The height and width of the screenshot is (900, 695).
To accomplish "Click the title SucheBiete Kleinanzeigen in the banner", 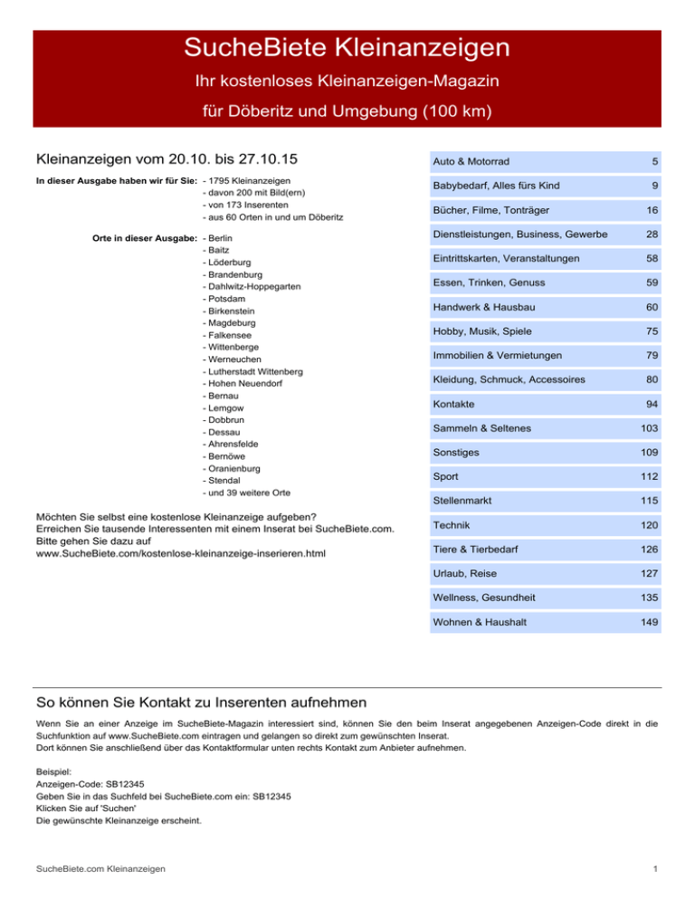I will pos(347,46).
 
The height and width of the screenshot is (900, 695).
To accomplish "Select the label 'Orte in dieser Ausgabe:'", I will pos(146,237).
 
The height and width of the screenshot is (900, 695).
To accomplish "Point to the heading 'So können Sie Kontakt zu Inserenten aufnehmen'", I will pos(200,702).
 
